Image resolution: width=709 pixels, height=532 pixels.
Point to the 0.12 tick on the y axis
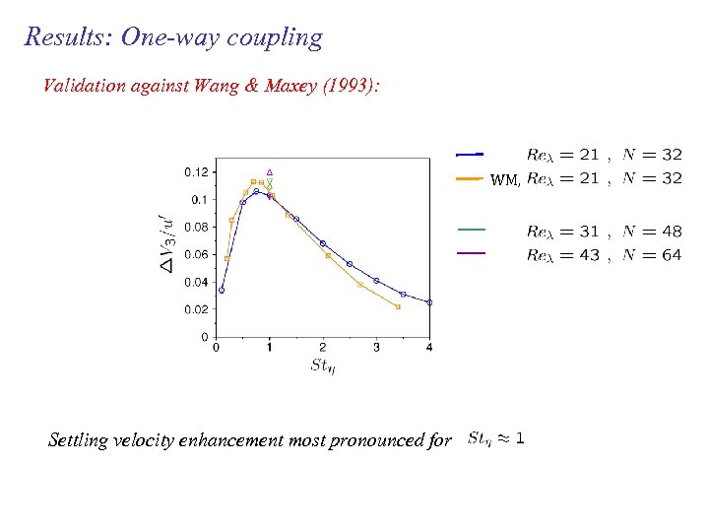[196, 171]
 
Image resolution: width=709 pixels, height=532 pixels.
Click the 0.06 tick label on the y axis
[196, 254]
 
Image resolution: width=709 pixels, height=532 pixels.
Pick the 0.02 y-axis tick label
[196, 309]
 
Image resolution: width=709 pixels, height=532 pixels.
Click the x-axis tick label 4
[429, 347]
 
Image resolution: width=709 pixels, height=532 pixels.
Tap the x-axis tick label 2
[323, 347]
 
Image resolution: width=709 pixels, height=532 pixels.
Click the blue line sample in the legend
[470, 154]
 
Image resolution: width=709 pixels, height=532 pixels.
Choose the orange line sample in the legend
[470, 179]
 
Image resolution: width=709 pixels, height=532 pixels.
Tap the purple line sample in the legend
[472, 254]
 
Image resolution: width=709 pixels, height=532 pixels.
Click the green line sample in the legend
[472, 230]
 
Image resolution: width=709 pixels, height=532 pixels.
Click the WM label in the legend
[504, 180]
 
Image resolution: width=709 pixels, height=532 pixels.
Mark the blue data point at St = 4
[429, 302]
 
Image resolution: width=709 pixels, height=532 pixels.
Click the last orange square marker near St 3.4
[398, 306]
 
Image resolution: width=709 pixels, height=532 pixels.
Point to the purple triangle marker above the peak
[269, 171]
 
